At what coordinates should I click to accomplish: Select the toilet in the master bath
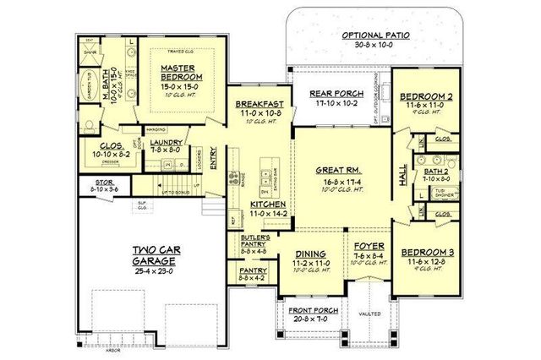point(90,124)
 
